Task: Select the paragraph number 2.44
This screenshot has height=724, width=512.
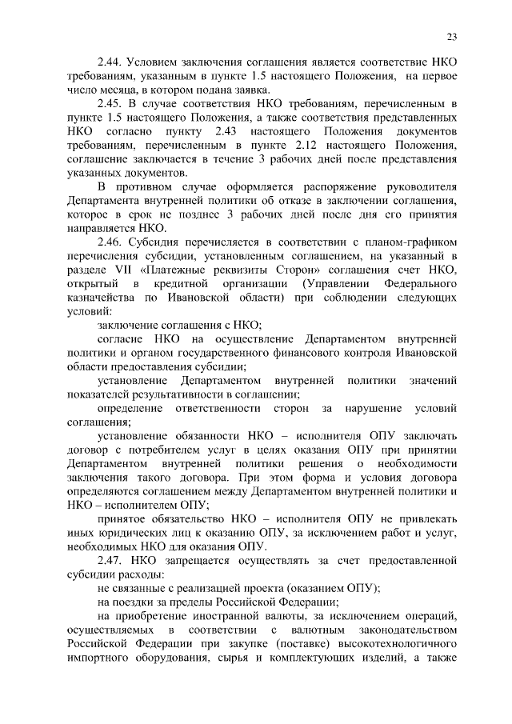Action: pyautogui.click(x=110, y=62)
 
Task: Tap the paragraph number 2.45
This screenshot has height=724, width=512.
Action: pyautogui.click(x=110, y=104)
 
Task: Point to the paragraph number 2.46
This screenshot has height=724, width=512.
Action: pyautogui.click(x=110, y=241)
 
